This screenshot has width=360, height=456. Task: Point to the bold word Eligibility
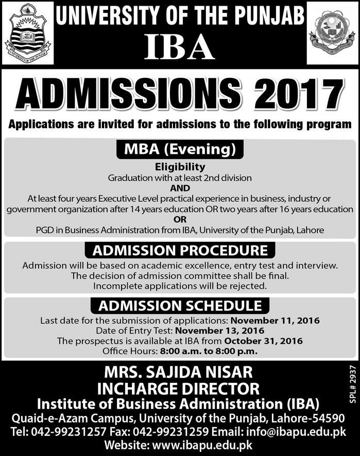coord(180,167)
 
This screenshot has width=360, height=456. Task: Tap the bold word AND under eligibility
coord(180,188)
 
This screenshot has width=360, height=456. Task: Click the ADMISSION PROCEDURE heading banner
coord(180,251)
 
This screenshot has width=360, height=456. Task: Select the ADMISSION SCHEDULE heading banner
coord(180,306)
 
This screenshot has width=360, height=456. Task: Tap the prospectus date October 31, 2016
coord(262,340)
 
